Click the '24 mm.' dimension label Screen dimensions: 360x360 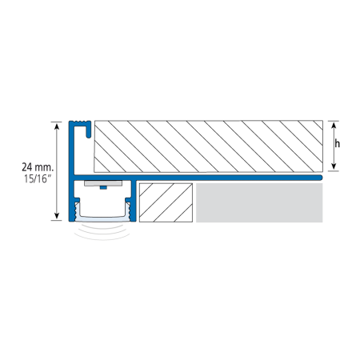[38, 167]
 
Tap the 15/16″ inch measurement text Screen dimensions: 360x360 [38, 178]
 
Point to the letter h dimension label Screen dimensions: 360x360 [338, 144]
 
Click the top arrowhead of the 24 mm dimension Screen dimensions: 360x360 [57, 126]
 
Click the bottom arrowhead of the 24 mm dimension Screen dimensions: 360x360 [57, 216]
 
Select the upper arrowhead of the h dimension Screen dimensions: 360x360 [334, 125]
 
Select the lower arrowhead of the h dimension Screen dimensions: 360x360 [334, 166]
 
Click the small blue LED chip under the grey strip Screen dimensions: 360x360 [103, 187]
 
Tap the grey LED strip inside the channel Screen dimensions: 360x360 [103, 183]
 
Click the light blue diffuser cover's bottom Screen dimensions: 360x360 [103, 219]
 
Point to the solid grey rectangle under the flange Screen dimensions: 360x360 [259, 202]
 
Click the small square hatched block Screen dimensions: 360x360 [166, 202]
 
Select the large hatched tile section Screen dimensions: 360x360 [209, 146]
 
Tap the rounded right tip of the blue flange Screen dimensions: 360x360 [321, 178]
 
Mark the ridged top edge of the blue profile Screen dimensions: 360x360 [80, 123]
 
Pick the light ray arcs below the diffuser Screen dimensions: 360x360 [102, 233]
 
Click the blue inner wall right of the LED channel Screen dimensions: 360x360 [134, 201]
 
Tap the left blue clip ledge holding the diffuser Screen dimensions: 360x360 [76, 199]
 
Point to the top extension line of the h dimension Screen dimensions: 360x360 [334, 121]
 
